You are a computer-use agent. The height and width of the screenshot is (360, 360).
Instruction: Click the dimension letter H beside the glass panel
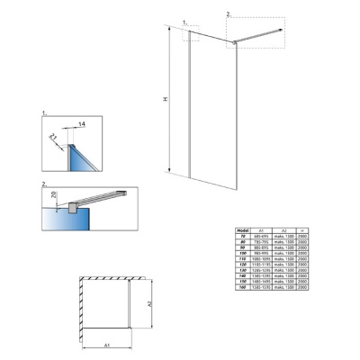tap(165, 100)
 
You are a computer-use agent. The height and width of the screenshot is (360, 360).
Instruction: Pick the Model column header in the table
tap(242, 229)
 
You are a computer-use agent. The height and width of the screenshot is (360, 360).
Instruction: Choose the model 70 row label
tap(242, 236)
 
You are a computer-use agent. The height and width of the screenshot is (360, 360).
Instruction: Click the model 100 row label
tap(242, 253)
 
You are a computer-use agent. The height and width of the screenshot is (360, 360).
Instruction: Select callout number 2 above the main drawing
tap(229, 13)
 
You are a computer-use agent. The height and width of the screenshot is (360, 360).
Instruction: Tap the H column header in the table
tap(303, 229)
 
